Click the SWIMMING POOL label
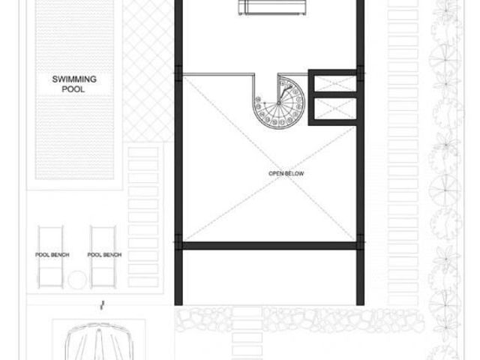click(x=74, y=84)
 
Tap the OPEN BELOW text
click(x=286, y=173)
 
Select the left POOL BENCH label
click(x=52, y=255)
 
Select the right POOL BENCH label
click(x=104, y=255)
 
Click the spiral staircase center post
click(x=278, y=103)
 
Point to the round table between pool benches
click(x=77, y=280)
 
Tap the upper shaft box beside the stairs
click(x=335, y=83)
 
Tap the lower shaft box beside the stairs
click(x=335, y=109)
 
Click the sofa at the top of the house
click(x=272, y=7)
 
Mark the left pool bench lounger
click(x=50, y=257)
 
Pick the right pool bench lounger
click(x=103, y=257)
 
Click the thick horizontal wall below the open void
click(x=269, y=245)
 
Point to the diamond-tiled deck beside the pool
click(x=148, y=71)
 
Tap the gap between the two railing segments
click(x=266, y=73)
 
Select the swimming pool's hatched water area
click(x=74, y=89)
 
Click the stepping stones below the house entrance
click(x=247, y=334)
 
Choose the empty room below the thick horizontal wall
click(x=269, y=277)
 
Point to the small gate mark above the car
click(x=102, y=305)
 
